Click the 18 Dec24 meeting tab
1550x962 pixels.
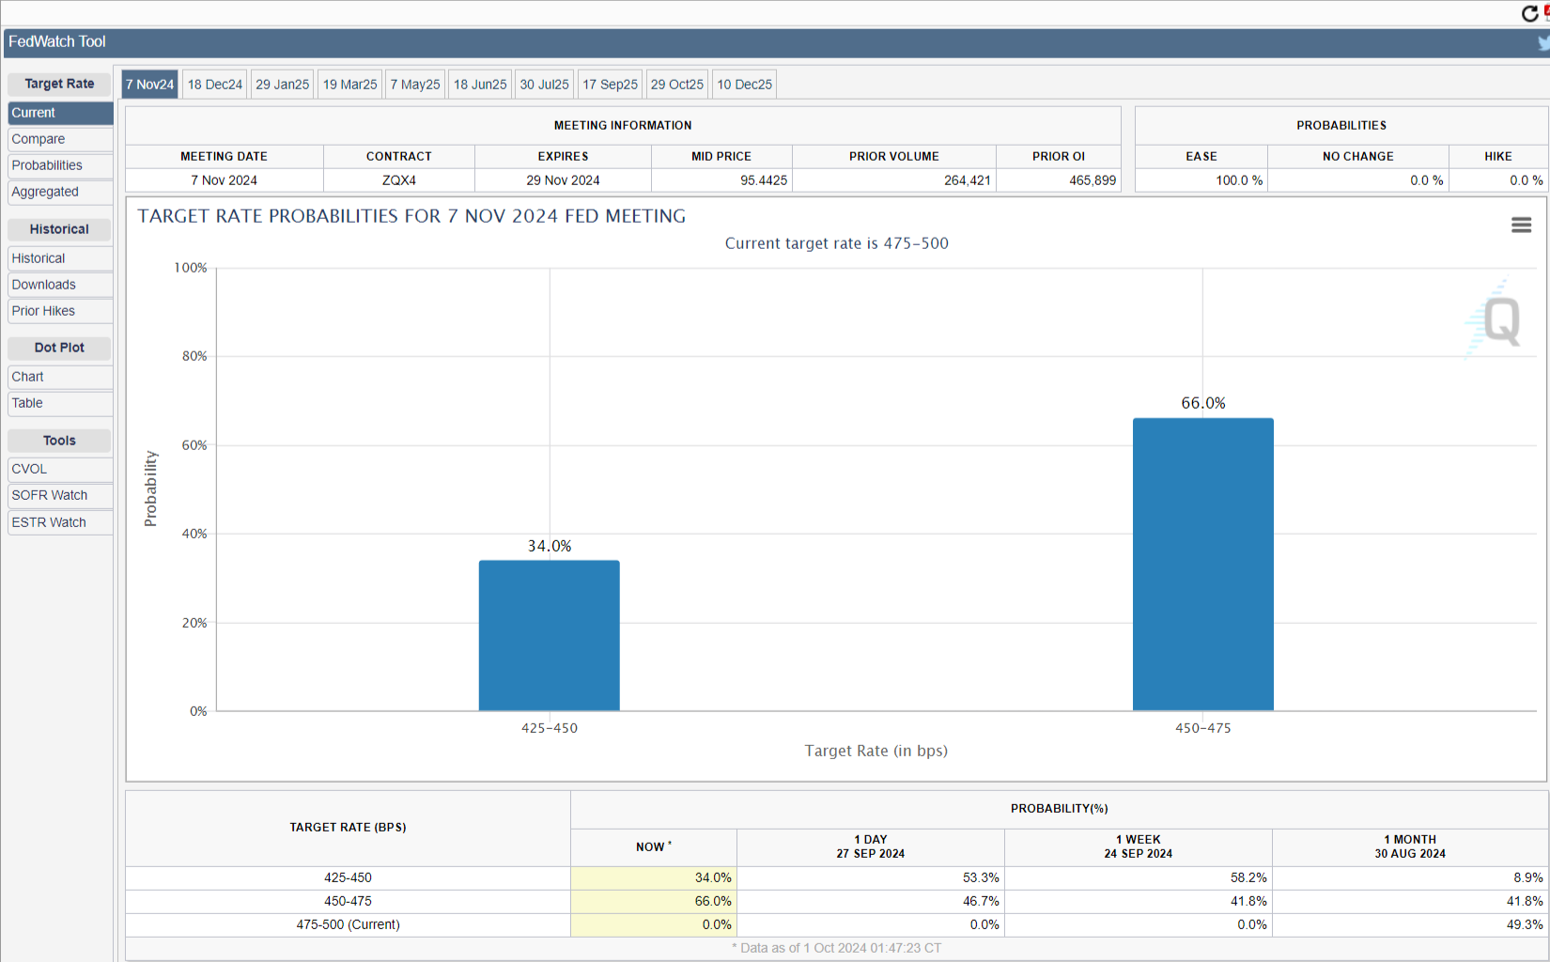click(214, 85)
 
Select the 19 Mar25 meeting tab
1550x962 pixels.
click(349, 85)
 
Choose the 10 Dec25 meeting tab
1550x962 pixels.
click(744, 85)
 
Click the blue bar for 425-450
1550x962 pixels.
click(550, 635)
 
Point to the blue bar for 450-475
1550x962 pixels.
click(1202, 564)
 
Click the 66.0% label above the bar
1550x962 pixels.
click(1202, 403)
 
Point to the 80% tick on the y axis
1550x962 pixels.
click(194, 356)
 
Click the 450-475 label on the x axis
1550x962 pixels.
click(1202, 728)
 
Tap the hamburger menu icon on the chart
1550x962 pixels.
click(1521, 225)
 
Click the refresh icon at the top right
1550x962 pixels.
click(1529, 13)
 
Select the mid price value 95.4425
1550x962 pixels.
click(764, 180)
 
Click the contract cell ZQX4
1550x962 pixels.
click(398, 180)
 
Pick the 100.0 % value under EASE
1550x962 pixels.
click(1239, 180)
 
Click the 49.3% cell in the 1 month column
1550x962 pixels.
click(1525, 924)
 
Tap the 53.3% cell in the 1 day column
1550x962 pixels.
click(981, 877)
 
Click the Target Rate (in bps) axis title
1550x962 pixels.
click(876, 751)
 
